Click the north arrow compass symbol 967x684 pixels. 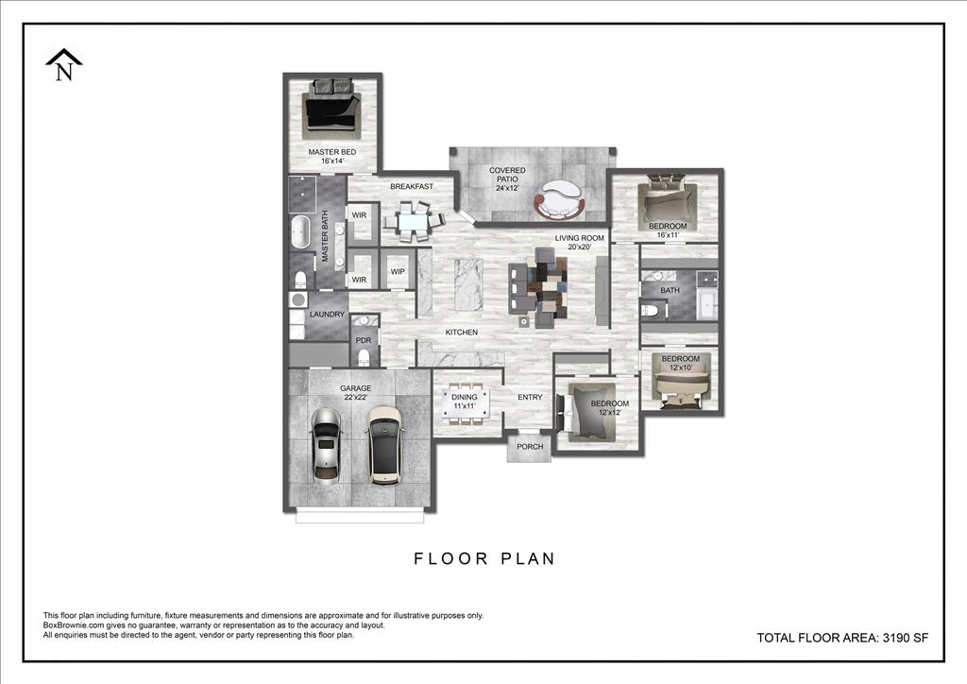[64, 65]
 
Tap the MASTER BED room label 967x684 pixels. [331, 152]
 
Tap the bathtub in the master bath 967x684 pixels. [300, 232]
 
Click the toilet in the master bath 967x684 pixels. [300, 280]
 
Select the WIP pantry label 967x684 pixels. [398, 271]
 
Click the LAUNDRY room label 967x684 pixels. [327, 315]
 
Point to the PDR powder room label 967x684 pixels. [364, 340]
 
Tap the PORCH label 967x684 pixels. [530, 447]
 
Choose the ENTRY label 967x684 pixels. [530, 397]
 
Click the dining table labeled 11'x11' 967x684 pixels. [466, 403]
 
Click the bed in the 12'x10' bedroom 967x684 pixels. [681, 383]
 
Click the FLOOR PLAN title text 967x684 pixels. [484, 558]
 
